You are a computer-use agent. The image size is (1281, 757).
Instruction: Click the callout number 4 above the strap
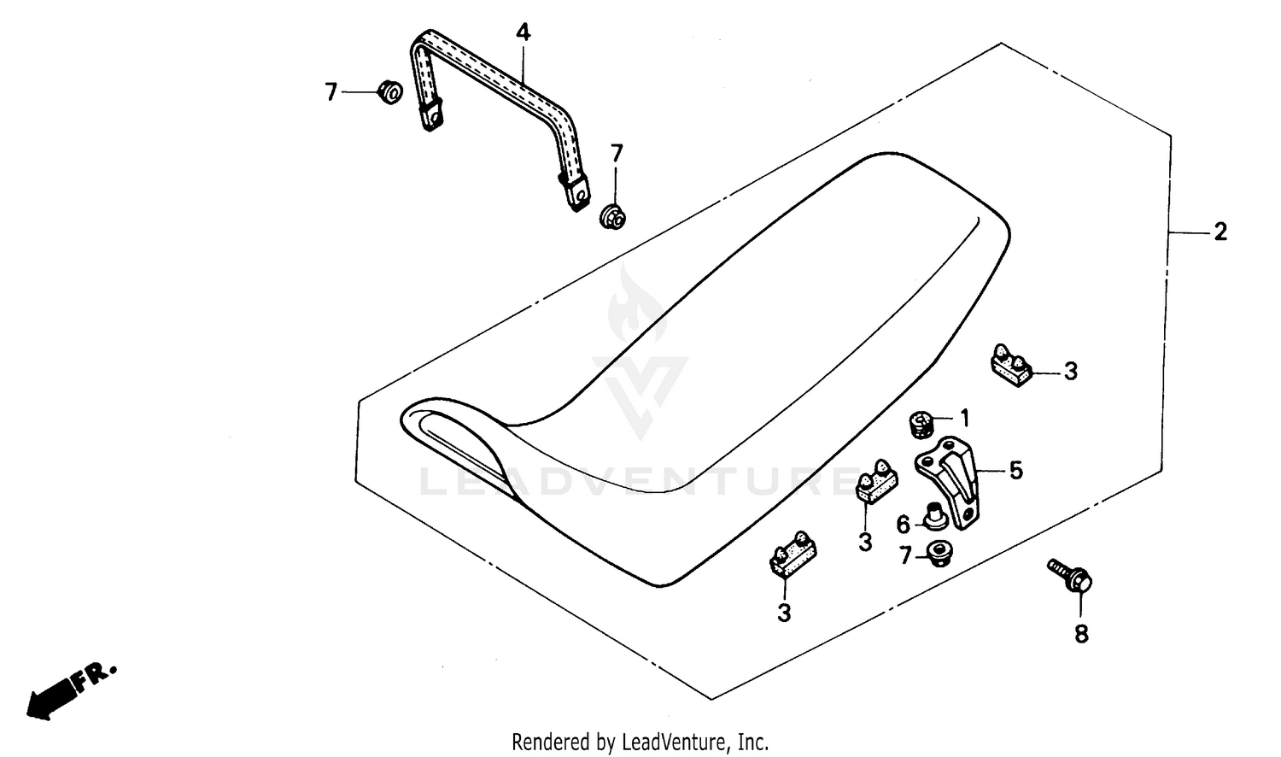[x=523, y=32]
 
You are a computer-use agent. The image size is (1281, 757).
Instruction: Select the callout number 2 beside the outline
[x=1220, y=232]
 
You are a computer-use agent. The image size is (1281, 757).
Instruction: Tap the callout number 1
[x=964, y=419]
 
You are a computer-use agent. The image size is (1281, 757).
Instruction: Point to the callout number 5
[x=1015, y=470]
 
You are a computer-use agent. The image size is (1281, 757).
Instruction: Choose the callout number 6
[x=903, y=524]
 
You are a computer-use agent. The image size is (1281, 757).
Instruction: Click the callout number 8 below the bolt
[x=1081, y=634]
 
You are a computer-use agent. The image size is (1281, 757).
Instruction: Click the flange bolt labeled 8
[x=1070, y=576]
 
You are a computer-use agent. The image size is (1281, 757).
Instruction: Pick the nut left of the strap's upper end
[x=390, y=92]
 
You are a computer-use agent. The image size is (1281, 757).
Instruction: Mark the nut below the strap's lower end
[x=612, y=216]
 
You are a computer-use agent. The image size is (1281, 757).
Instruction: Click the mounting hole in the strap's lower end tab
[x=581, y=197]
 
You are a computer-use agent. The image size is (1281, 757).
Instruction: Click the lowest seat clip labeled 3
[x=793, y=554]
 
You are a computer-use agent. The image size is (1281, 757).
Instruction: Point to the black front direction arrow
[x=50, y=697]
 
